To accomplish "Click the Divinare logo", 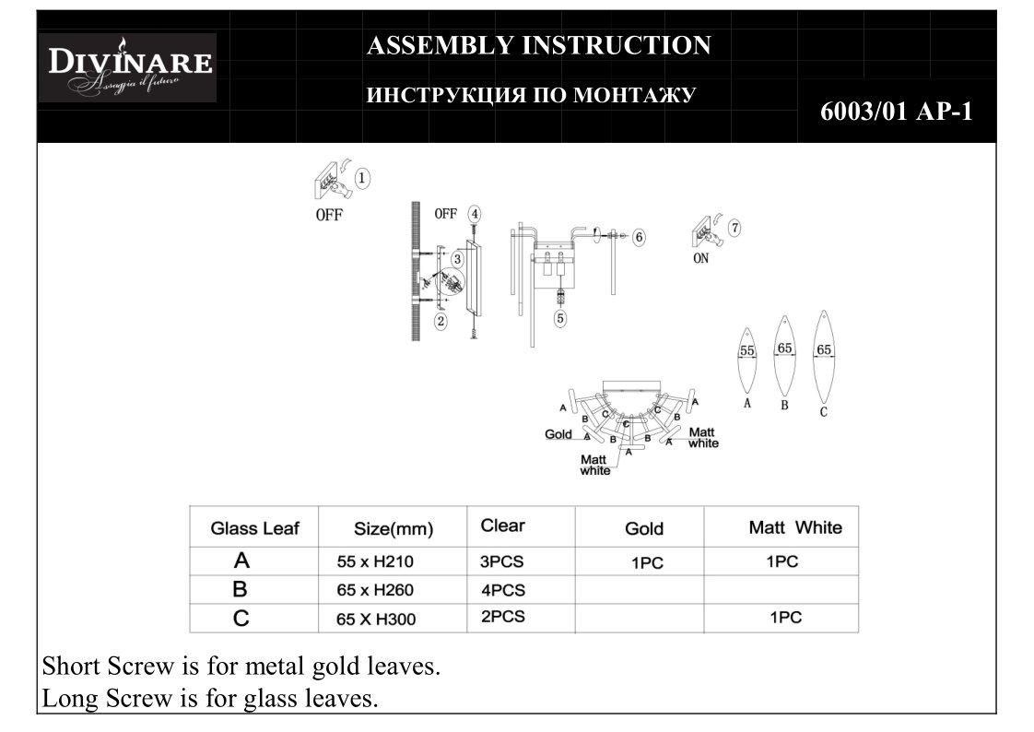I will pos(128,67).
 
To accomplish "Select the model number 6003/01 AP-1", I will pos(896,112).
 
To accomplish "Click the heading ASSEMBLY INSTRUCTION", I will pos(538,45).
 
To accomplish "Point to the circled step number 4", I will pos(474,213).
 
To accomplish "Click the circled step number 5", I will pos(559,318).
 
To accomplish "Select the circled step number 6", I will pos(639,237).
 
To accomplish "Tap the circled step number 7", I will pos(734,227).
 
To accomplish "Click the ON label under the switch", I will pos(701,259).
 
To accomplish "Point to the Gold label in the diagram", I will pos(558,434).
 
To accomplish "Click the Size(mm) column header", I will pos(394,529).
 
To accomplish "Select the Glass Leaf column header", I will pos(254,528).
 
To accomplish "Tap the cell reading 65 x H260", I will pos(376,590).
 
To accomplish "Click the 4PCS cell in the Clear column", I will pos(503,590).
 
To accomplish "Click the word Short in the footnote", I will pos(71,667).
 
